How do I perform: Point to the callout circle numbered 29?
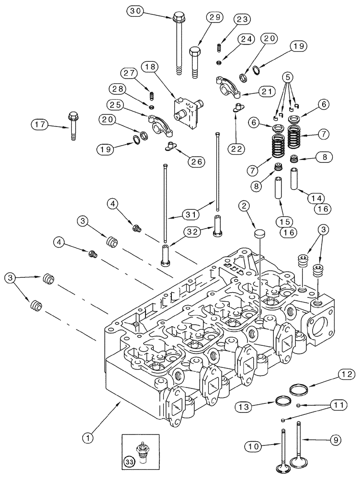click(215, 18)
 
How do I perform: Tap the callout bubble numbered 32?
click(192, 231)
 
